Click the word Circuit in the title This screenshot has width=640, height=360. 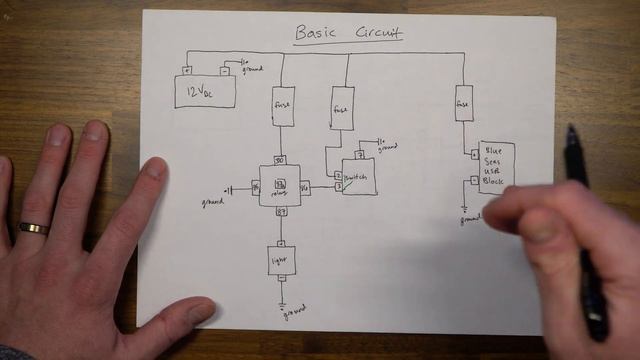coord(378,32)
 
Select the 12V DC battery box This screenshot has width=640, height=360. coord(206,92)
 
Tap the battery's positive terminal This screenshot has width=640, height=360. coord(186,70)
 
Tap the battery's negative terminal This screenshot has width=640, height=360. coord(224,70)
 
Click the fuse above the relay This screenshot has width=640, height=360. coord(283,106)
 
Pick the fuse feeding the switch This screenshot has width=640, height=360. coord(341,108)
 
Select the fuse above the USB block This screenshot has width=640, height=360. coord(464,103)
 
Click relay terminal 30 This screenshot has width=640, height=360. coord(280,160)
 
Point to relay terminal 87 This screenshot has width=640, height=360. coord(281,211)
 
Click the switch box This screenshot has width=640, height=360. coord(359,177)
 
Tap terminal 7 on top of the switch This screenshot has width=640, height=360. coord(360,155)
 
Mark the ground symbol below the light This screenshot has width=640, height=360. coord(283,303)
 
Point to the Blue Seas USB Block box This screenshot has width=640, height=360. coord(497,166)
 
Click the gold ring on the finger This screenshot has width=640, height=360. coord(33,229)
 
